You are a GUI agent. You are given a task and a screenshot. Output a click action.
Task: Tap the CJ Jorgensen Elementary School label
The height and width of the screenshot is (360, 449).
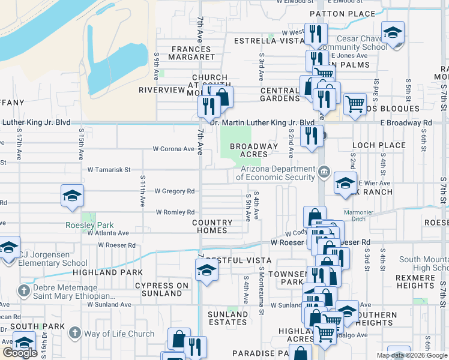pyautogui.click(x=53, y=258)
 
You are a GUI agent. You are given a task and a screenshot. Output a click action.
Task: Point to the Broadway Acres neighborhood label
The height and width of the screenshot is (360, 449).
pyautogui.click(x=254, y=150)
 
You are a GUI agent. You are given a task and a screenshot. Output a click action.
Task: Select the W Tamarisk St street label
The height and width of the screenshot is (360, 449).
pyautogui.click(x=109, y=170)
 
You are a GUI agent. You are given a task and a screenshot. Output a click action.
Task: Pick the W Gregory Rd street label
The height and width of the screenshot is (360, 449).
pyautogui.click(x=175, y=191)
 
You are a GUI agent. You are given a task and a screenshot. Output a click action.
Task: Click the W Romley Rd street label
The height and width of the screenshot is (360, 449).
pyautogui.click(x=175, y=212)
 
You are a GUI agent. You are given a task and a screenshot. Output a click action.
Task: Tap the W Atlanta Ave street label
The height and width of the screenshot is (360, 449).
pyautogui.click(x=108, y=233)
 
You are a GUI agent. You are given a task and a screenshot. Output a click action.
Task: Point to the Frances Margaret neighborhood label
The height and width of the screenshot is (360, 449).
pyautogui.click(x=193, y=53)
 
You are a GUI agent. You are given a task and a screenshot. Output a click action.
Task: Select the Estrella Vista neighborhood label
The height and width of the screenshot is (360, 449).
pyautogui.click(x=262, y=41)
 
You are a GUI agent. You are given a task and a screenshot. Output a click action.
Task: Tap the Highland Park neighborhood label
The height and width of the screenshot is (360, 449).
pyautogui.click(x=98, y=272)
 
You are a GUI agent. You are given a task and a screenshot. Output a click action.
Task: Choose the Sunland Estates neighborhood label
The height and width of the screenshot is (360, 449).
pyautogui.click(x=228, y=318)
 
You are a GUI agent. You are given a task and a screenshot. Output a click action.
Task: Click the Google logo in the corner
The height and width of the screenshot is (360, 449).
pyautogui.click(x=20, y=353)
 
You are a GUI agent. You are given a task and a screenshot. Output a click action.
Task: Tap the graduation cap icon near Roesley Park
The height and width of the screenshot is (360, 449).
pyautogui.click(x=71, y=196)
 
